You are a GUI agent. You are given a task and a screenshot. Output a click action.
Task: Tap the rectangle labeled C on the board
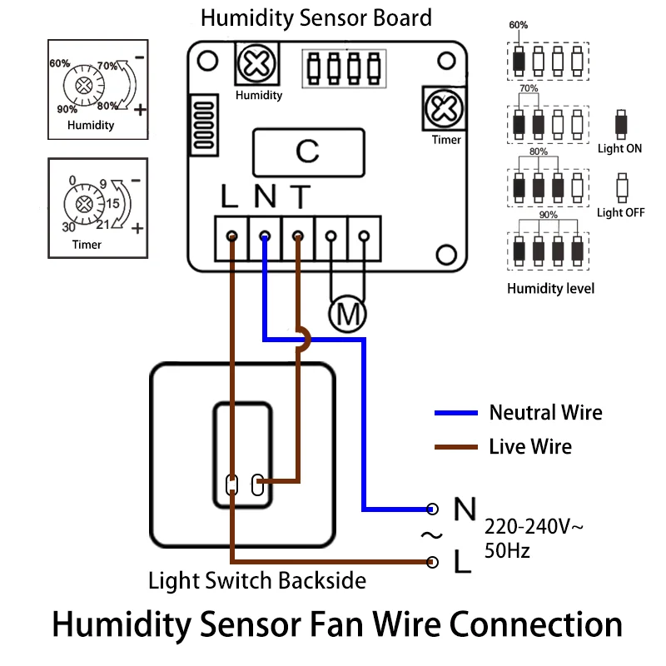(x=307, y=152)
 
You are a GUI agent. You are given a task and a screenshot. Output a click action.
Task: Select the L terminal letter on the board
(x=231, y=198)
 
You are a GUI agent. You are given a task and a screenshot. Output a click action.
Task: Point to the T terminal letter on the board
(x=299, y=198)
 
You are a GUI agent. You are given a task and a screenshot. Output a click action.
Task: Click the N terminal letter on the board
(x=265, y=198)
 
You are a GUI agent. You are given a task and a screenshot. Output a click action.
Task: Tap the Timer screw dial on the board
(x=440, y=108)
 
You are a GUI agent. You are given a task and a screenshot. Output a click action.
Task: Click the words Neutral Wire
(x=545, y=412)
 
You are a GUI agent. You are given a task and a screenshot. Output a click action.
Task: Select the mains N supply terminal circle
(x=432, y=508)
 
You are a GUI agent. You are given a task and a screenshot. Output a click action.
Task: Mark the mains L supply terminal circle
(x=432, y=562)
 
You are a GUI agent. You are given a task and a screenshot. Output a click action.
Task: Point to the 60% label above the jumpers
(x=518, y=25)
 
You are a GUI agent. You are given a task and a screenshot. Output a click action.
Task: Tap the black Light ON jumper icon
(x=620, y=125)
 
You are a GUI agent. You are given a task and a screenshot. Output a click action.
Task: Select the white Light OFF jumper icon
(x=620, y=186)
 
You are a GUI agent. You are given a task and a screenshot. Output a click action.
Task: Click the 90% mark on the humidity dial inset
(x=67, y=109)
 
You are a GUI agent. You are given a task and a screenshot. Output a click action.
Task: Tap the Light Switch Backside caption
(x=257, y=580)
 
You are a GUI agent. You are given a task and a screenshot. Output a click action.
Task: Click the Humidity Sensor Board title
(x=316, y=17)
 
